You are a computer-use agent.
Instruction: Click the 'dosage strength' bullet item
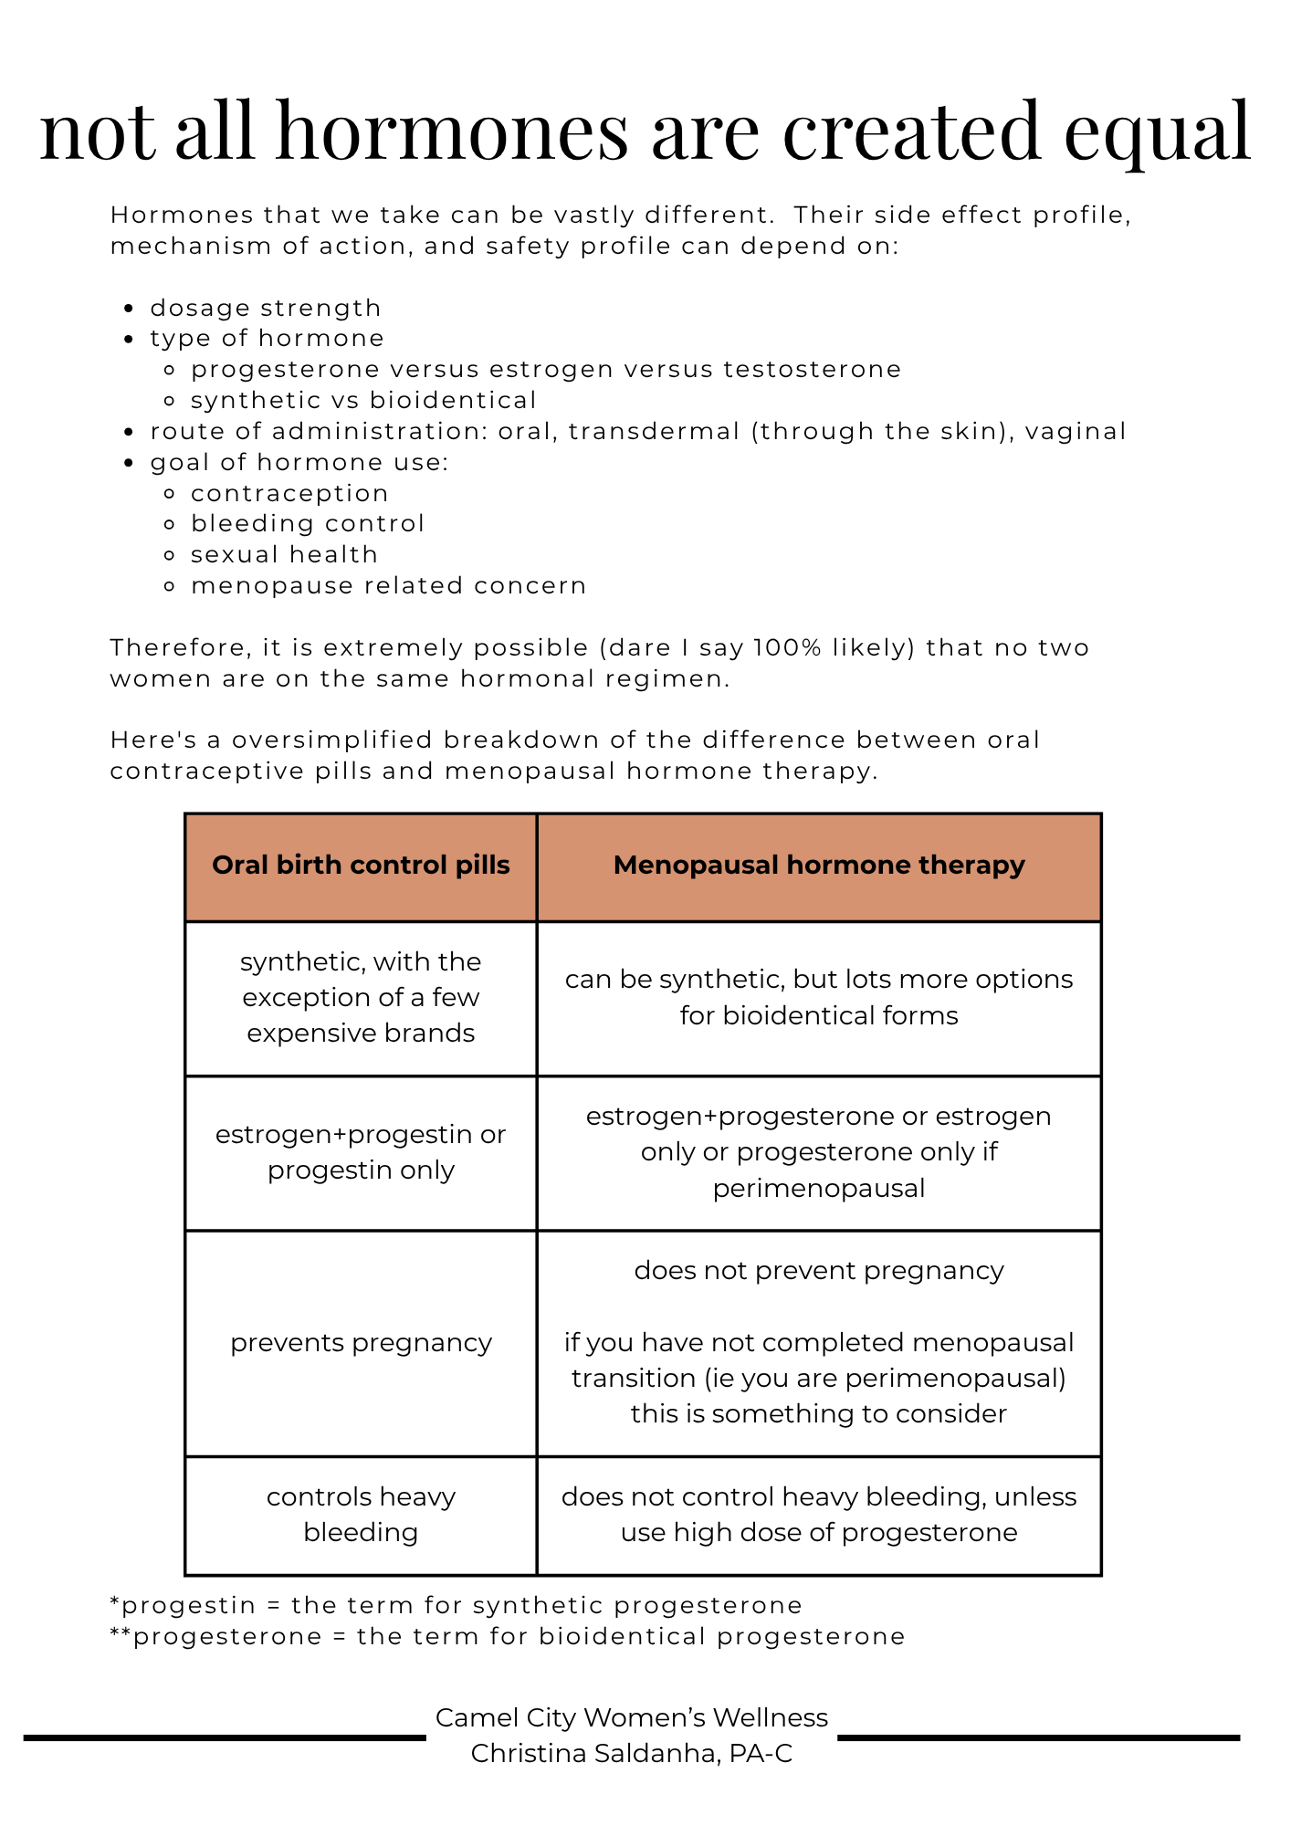coord(265,309)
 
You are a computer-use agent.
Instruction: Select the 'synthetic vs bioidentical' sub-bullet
coord(363,401)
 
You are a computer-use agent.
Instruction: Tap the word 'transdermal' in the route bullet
coord(654,432)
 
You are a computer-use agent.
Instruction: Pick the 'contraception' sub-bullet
coord(289,494)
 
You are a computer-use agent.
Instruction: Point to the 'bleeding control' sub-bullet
coord(308,524)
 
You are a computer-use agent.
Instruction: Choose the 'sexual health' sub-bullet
coord(284,555)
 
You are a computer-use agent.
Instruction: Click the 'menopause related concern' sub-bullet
coord(388,586)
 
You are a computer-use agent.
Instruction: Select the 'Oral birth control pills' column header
coord(361,866)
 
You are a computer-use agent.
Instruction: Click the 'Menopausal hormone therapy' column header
coord(819,866)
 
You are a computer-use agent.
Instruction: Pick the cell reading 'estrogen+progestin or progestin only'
coord(361,1152)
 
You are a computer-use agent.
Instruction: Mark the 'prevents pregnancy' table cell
coord(361,1343)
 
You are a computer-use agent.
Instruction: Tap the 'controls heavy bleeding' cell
coord(361,1515)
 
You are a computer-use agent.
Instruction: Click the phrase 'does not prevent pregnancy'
coord(819,1271)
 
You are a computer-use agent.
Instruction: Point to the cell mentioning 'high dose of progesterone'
coord(819,1515)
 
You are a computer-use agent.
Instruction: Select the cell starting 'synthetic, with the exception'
coord(361,998)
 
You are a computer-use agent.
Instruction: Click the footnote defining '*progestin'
coord(456,1606)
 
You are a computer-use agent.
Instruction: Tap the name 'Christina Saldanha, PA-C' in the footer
coord(632,1754)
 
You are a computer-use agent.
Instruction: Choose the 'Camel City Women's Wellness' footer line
coord(632,1718)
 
